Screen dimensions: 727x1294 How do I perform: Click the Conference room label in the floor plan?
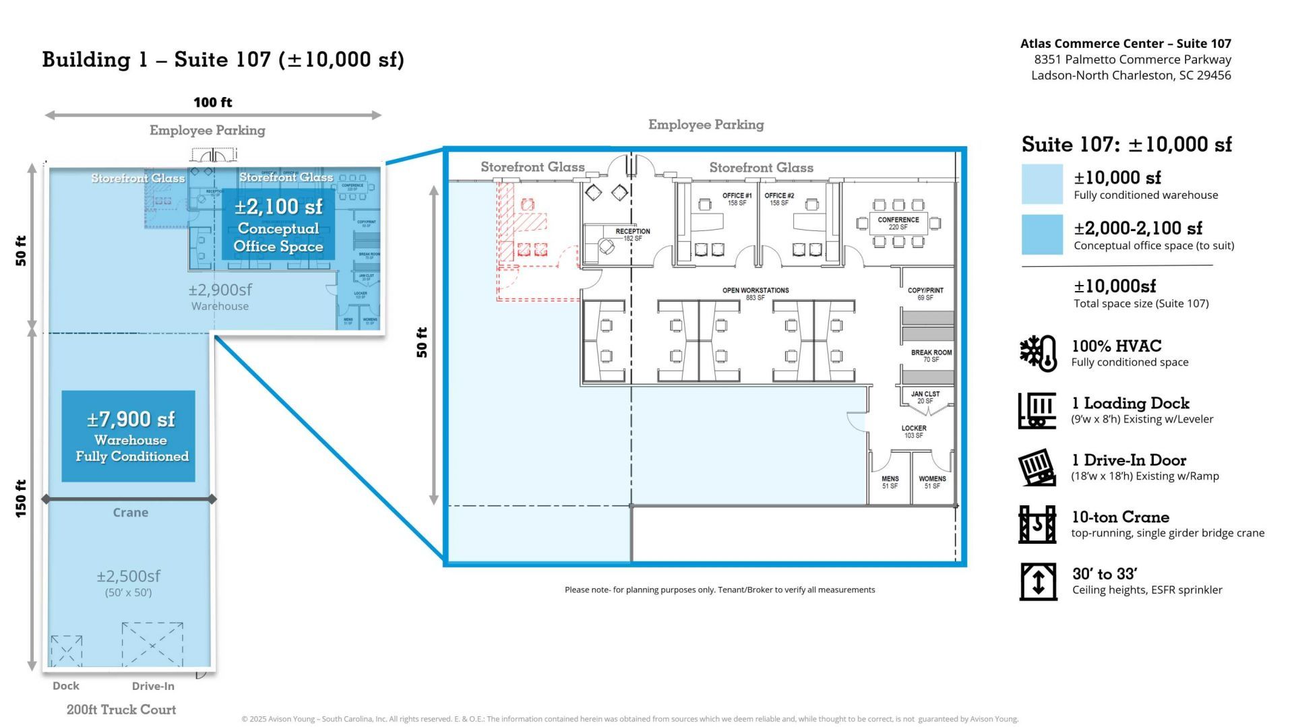[898, 223]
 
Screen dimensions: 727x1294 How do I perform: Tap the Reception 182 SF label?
[632, 234]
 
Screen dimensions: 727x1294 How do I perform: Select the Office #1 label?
[737, 199]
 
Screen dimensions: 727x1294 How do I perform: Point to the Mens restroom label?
[890, 482]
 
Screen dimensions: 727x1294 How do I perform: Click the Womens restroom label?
[932, 482]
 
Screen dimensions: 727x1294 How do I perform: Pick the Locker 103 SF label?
[914, 431]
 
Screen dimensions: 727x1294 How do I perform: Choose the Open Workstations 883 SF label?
[756, 294]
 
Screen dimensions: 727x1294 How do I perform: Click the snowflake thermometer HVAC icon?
[1038, 352]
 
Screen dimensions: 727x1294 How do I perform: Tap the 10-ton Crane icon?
[1038, 524]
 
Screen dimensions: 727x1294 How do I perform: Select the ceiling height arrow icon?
[1038, 581]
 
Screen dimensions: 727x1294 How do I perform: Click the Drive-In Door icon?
[1037, 467]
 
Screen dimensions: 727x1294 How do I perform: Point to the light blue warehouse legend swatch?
[1042, 184]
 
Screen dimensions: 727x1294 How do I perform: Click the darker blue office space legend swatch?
[1042, 234]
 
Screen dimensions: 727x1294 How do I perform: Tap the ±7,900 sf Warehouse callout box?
[129, 436]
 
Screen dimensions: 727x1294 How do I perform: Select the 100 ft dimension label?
[213, 102]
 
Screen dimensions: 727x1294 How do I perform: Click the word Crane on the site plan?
[130, 513]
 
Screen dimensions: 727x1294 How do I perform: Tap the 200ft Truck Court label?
[121, 709]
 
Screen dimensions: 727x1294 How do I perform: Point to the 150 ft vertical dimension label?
[21, 499]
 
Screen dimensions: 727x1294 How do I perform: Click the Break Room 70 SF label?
[931, 356]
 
